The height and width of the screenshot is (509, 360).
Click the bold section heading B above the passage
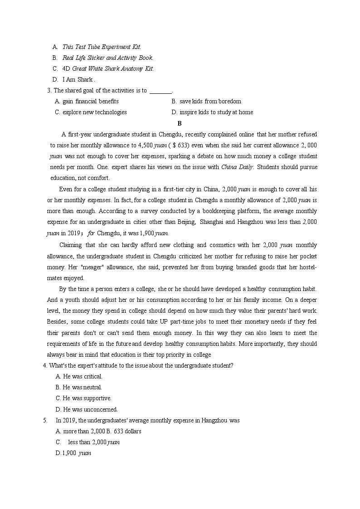tap(180, 123)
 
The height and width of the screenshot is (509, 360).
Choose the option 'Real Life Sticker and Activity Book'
tap(107, 58)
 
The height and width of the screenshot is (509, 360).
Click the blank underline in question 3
tap(161, 91)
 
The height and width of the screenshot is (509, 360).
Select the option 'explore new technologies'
tap(94, 112)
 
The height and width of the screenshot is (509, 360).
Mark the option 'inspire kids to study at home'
tap(216, 112)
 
